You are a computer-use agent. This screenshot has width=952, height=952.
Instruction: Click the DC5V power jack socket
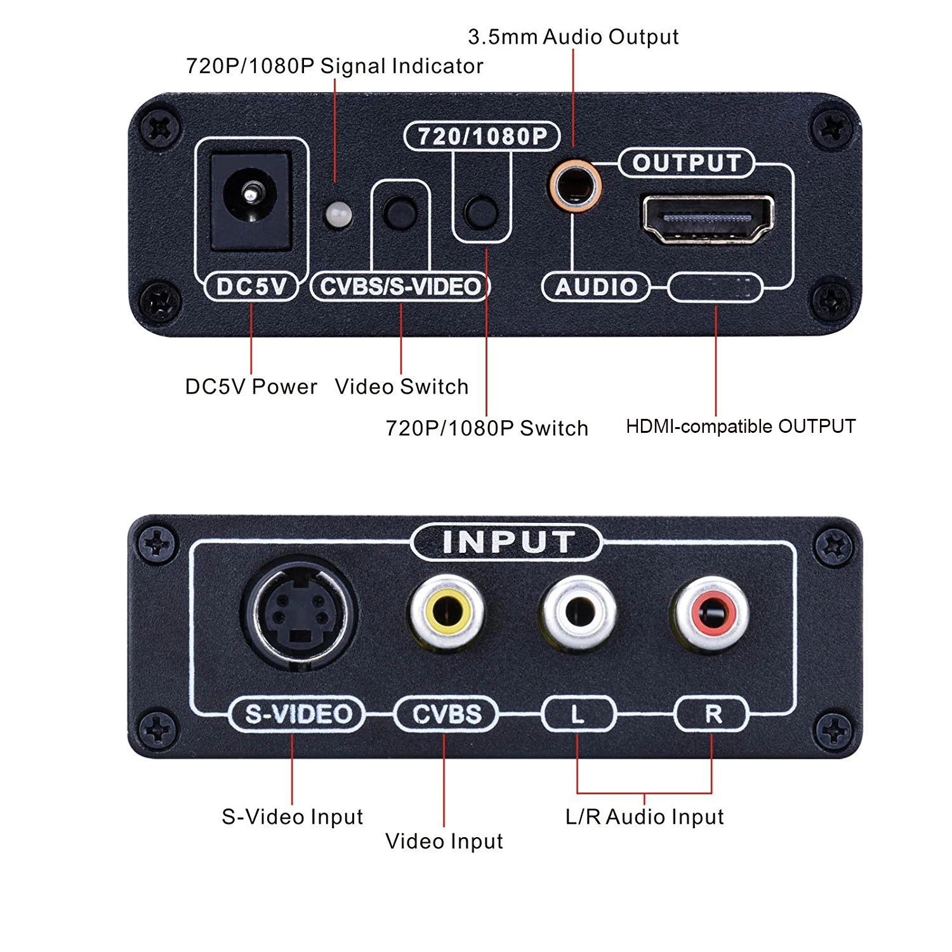(x=251, y=199)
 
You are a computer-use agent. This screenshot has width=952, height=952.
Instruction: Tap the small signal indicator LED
(x=338, y=215)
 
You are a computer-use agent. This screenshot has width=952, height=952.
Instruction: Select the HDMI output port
(x=708, y=219)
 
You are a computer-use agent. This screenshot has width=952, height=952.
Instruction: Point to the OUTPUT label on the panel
(x=687, y=163)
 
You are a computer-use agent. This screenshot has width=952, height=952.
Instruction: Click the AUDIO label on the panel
(x=596, y=288)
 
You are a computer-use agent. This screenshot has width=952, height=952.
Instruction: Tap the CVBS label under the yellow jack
(x=446, y=714)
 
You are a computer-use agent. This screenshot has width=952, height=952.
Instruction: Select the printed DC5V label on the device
(x=251, y=287)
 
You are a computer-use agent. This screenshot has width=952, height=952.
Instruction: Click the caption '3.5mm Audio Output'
(x=573, y=37)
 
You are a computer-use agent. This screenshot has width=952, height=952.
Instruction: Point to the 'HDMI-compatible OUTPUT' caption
(x=741, y=426)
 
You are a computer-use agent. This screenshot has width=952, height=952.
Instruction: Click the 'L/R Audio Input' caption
(x=644, y=816)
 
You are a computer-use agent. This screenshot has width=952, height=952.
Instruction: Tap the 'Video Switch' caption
(x=402, y=387)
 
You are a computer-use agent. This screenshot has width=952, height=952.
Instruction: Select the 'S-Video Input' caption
(x=292, y=816)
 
